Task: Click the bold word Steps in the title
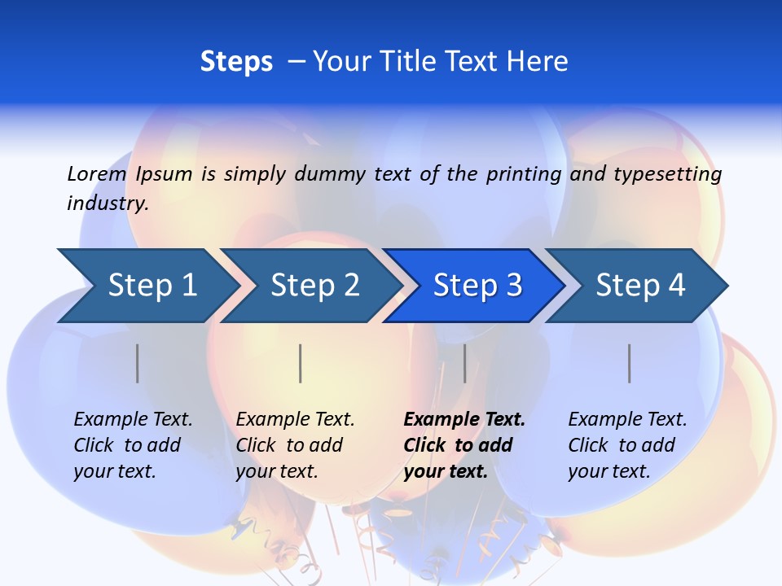(x=236, y=62)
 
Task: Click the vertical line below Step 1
(x=138, y=363)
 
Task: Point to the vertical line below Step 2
(x=301, y=363)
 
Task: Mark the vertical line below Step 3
(x=464, y=363)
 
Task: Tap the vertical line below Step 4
(x=629, y=363)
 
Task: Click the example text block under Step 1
(x=133, y=445)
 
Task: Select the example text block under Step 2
(x=295, y=445)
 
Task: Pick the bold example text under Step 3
(x=464, y=445)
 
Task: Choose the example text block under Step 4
(x=627, y=445)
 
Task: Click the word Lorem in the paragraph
(x=96, y=174)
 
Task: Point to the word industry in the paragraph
(x=108, y=203)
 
